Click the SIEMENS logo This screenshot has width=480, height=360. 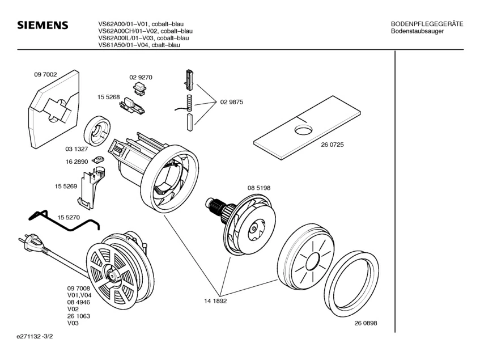point(43,26)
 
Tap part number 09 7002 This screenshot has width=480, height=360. point(45,74)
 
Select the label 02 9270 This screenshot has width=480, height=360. point(141,77)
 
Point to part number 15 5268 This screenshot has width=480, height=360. point(108,98)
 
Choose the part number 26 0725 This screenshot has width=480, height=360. point(333,144)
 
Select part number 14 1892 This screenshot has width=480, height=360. point(216,301)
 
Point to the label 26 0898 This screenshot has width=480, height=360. point(366,323)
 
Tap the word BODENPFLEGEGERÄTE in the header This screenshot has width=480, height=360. point(427,24)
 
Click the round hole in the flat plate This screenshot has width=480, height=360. point(303,130)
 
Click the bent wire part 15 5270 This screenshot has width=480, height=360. point(62,223)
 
